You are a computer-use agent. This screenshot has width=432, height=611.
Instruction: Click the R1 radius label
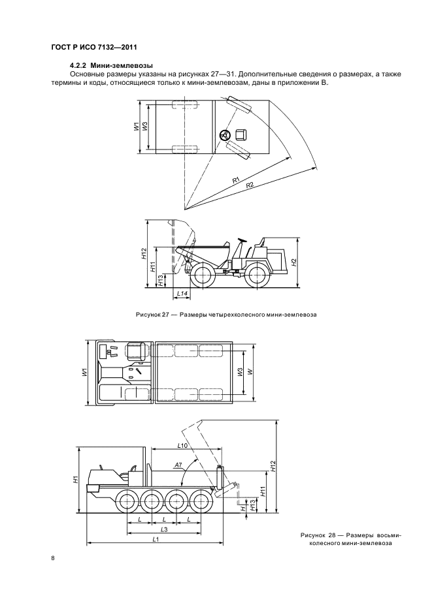click(236, 180)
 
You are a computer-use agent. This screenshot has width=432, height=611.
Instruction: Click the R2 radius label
click(250, 185)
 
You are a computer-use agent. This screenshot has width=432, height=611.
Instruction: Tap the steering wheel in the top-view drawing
click(225, 135)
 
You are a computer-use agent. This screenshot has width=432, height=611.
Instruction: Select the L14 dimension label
click(182, 292)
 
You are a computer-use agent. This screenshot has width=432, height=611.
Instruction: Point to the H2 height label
click(295, 262)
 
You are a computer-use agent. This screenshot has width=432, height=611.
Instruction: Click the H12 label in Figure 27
click(144, 254)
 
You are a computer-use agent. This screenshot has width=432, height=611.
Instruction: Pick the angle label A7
click(178, 465)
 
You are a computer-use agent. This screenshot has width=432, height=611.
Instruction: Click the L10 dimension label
click(182, 445)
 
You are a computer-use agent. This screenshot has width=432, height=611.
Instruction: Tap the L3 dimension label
click(164, 529)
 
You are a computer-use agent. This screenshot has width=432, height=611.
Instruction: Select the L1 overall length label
click(156, 539)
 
